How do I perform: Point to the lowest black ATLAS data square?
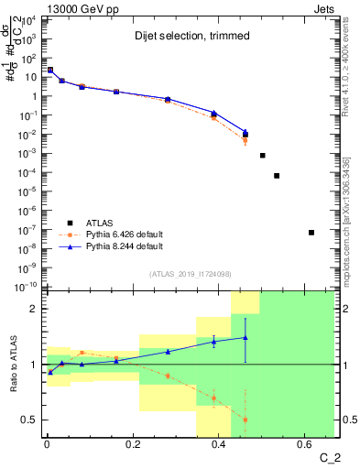(311, 233)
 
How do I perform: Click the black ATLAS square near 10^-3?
(262, 156)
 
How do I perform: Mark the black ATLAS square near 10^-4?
(277, 176)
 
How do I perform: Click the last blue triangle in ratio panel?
(245, 337)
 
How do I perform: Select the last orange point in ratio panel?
(245, 420)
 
